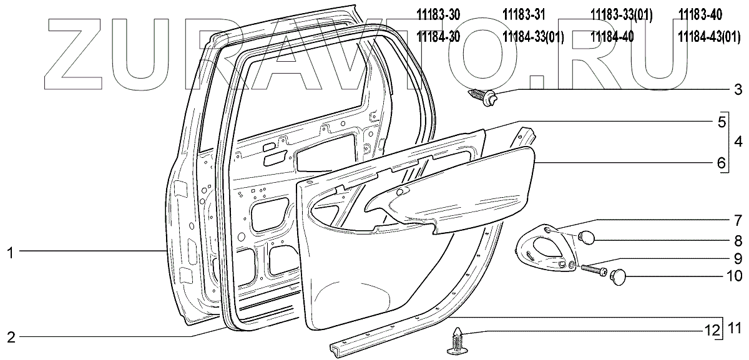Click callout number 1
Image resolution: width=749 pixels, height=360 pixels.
[x=10, y=252]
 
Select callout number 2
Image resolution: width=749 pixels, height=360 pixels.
[x=10, y=338]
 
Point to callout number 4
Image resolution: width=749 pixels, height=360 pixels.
[x=737, y=142]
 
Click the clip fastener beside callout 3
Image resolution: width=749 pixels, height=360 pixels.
[x=482, y=97]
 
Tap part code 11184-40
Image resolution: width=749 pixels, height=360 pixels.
[x=612, y=37]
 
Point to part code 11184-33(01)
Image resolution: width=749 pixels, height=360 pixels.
[x=533, y=37]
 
